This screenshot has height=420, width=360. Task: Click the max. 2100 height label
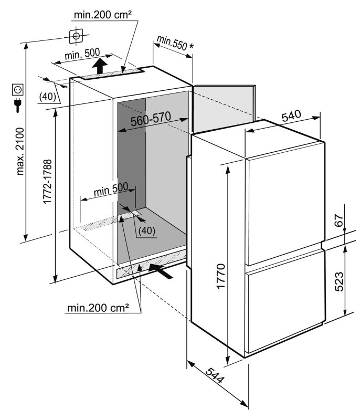pos(20,151)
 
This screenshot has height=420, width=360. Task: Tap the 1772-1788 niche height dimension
pos(47,181)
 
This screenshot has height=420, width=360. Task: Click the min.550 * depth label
pos(175,43)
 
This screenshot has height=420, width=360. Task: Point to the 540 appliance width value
pos(291,115)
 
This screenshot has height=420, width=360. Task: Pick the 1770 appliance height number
pos(221,276)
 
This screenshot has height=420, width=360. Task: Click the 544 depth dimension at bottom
pos(215,375)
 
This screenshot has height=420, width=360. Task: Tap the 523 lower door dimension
pos(339,281)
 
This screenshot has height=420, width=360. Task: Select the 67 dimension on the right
pos(339,220)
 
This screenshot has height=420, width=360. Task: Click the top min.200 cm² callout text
pos(103,15)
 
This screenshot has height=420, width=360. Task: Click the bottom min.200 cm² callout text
pos(98,308)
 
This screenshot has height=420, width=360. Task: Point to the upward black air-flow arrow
pos(100,66)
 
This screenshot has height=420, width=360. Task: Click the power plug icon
pos(18,104)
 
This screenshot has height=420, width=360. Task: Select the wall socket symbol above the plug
pos(18,89)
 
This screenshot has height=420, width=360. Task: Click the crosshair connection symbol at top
pos(76,36)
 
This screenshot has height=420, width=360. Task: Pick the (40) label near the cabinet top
pos(47,97)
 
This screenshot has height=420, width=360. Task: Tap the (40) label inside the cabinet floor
pos(147,230)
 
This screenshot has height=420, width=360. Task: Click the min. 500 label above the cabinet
pos(82,54)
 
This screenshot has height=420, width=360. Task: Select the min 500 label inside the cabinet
pos(111,190)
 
